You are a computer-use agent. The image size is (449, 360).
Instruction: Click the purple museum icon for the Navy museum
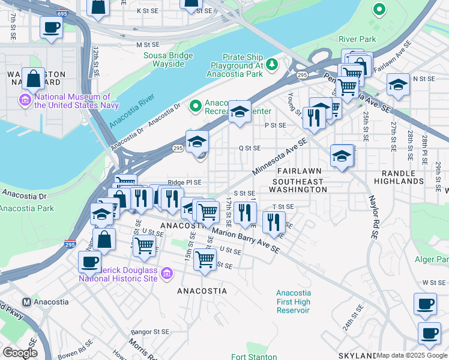[x=26, y=99]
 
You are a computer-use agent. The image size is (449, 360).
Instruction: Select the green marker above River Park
[x=378, y=10]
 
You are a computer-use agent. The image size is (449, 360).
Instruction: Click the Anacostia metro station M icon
[x=26, y=302]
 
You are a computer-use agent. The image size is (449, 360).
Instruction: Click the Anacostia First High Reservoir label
[x=294, y=301]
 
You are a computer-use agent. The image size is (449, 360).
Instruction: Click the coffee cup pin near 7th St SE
[x=51, y=28]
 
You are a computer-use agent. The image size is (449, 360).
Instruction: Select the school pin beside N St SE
[x=398, y=85]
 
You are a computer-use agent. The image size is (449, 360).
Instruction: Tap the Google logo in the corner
[x=20, y=352]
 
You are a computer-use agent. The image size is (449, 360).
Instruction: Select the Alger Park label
[x=431, y=259]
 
